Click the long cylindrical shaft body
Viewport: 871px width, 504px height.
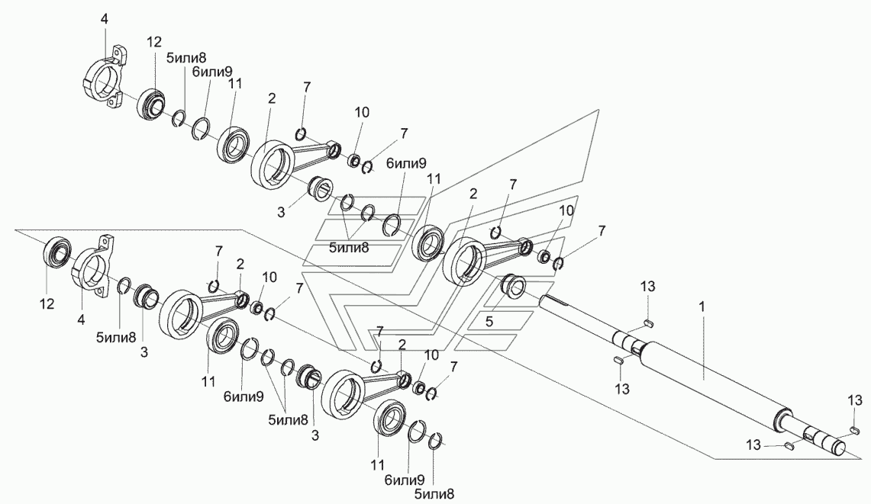pos(710,381)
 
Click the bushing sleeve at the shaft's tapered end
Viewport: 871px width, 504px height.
pos(513,288)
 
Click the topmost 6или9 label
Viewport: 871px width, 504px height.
pos(212,72)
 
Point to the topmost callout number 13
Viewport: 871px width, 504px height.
pos(647,287)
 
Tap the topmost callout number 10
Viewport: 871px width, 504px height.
pos(362,112)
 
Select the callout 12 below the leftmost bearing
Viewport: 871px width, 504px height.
pos(47,303)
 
